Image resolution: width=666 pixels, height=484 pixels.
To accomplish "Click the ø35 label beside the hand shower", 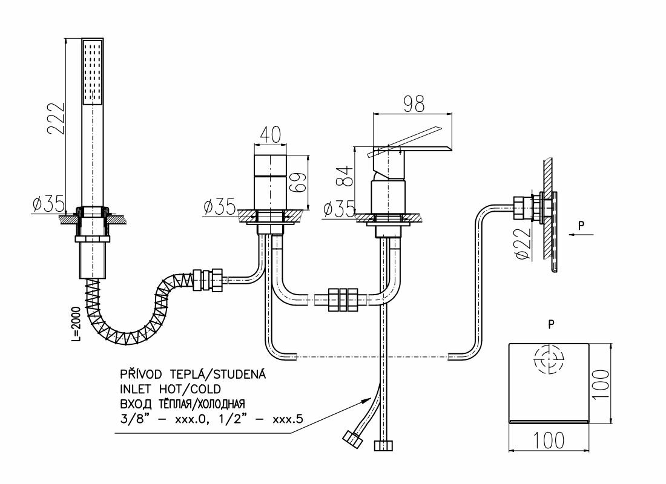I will [48, 204].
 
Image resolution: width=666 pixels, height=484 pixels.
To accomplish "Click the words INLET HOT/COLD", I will [171, 388].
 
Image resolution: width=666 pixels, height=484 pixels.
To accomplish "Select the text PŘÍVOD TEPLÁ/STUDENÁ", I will [193, 374].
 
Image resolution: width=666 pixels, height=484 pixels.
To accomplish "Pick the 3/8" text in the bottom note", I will [134, 417].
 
